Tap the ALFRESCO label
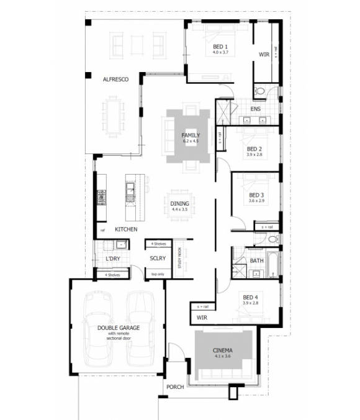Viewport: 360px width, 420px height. [115, 79]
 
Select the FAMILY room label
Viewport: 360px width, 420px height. [190, 135]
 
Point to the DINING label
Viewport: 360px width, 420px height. [180, 203]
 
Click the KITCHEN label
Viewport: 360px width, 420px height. [126, 230]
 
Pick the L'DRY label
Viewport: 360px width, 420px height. [112, 258]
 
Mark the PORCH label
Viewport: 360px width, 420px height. [175, 387]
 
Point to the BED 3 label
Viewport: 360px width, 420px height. [256, 194]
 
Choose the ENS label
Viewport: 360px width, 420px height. [255, 110]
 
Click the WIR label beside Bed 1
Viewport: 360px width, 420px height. [264, 55]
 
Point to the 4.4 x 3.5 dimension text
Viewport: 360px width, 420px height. [180, 209]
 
